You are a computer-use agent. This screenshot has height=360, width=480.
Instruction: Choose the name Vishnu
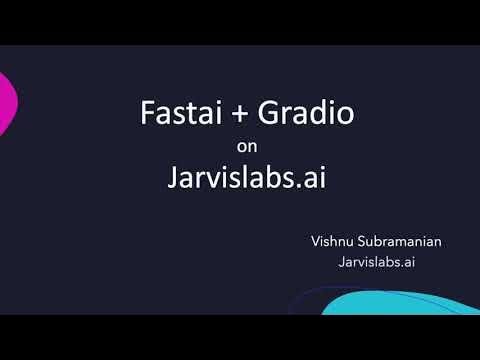point(334,242)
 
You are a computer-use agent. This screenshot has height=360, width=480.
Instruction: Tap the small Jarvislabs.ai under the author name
point(376,262)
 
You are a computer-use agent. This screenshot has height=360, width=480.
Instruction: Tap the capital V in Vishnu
point(317,242)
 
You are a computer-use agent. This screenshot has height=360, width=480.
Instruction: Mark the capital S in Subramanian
point(364,242)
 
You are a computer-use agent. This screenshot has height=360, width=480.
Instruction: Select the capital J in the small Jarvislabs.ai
point(342,262)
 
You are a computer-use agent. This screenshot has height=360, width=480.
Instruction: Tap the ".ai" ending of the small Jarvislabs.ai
point(405,262)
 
